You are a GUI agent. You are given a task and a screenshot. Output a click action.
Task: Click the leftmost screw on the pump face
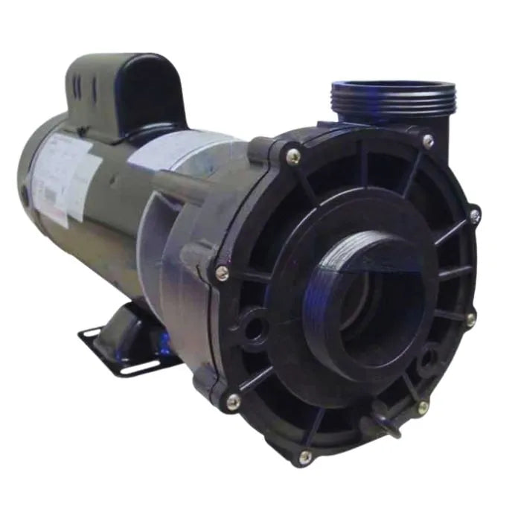click(221, 273)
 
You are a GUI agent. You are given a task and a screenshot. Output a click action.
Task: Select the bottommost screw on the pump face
click(304, 456)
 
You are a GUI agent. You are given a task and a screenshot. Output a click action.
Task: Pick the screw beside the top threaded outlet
click(427, 140)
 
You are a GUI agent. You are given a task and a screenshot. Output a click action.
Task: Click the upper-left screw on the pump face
click(293, 156)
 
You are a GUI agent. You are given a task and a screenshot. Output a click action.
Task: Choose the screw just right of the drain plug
click(422, 407)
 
